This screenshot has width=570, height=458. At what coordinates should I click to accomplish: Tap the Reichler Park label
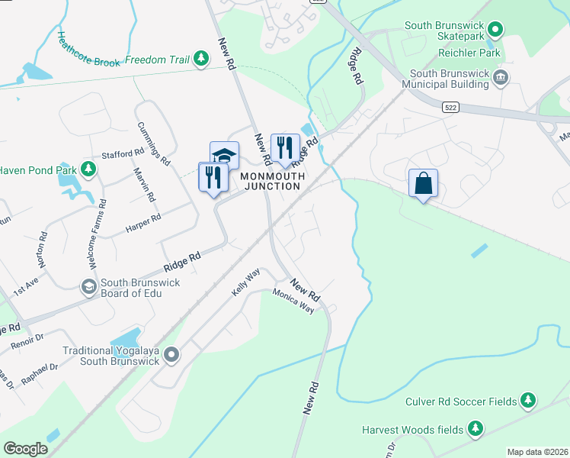click(470, 53)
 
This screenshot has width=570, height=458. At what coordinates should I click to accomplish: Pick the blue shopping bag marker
click(423, 183)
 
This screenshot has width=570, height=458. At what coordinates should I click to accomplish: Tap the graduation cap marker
click(224, 156)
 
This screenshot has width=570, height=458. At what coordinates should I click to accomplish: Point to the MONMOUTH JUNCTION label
click(273, 181)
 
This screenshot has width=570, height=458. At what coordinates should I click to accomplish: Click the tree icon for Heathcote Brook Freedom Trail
click(201, 59)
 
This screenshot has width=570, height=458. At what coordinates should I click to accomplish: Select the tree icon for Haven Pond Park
click(88, 169)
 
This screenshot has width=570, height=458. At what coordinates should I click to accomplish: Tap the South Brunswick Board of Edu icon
click(88, 285)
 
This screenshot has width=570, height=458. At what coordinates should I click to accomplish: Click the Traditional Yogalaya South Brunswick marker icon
click(171, 353)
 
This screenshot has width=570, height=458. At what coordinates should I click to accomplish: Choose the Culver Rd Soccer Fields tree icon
click(527, 400)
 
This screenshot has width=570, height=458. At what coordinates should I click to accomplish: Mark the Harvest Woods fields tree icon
click(476, 428)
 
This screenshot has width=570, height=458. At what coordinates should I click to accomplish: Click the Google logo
click(26, 448)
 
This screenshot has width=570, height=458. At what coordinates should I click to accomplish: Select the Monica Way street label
click(293, 302)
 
